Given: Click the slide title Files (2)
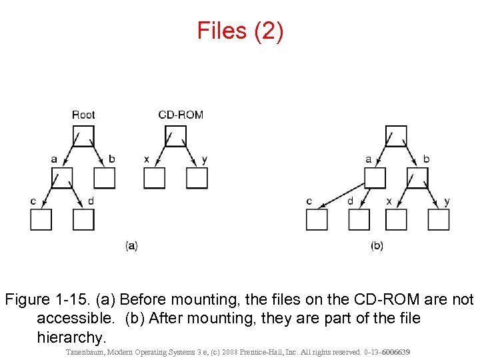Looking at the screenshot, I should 240,31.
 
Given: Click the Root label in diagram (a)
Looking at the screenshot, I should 83,115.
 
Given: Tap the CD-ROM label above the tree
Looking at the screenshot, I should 181,115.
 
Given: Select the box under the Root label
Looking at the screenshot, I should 83,135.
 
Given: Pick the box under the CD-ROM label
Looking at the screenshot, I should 175,135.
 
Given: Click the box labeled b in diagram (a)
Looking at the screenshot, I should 104,178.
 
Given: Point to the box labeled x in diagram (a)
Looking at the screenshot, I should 155,178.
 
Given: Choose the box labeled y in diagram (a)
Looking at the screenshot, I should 197,178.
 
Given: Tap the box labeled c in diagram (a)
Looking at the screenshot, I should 41,219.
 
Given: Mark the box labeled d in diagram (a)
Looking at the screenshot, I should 83,219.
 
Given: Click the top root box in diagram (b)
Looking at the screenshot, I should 397,135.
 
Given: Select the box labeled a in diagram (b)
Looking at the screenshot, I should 375,178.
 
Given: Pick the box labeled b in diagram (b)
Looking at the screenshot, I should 418,178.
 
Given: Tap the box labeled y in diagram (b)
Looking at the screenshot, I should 439,219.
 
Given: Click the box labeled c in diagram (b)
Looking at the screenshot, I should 317,219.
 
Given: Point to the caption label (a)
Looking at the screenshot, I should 131,245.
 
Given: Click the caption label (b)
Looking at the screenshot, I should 377,245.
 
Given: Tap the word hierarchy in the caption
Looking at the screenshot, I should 71,337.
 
